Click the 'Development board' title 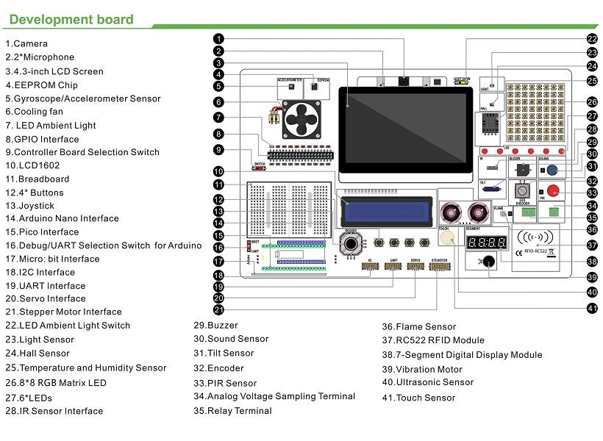point(71,20)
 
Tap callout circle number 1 point(219,38)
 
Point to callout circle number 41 point(592,308)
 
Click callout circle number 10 point(219,172)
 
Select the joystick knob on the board point(352,243)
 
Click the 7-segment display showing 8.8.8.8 point(485,243)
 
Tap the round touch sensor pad point(446,240)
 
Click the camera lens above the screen point(404,80)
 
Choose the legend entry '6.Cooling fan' point(34,112)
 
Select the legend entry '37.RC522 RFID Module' point(432,340)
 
